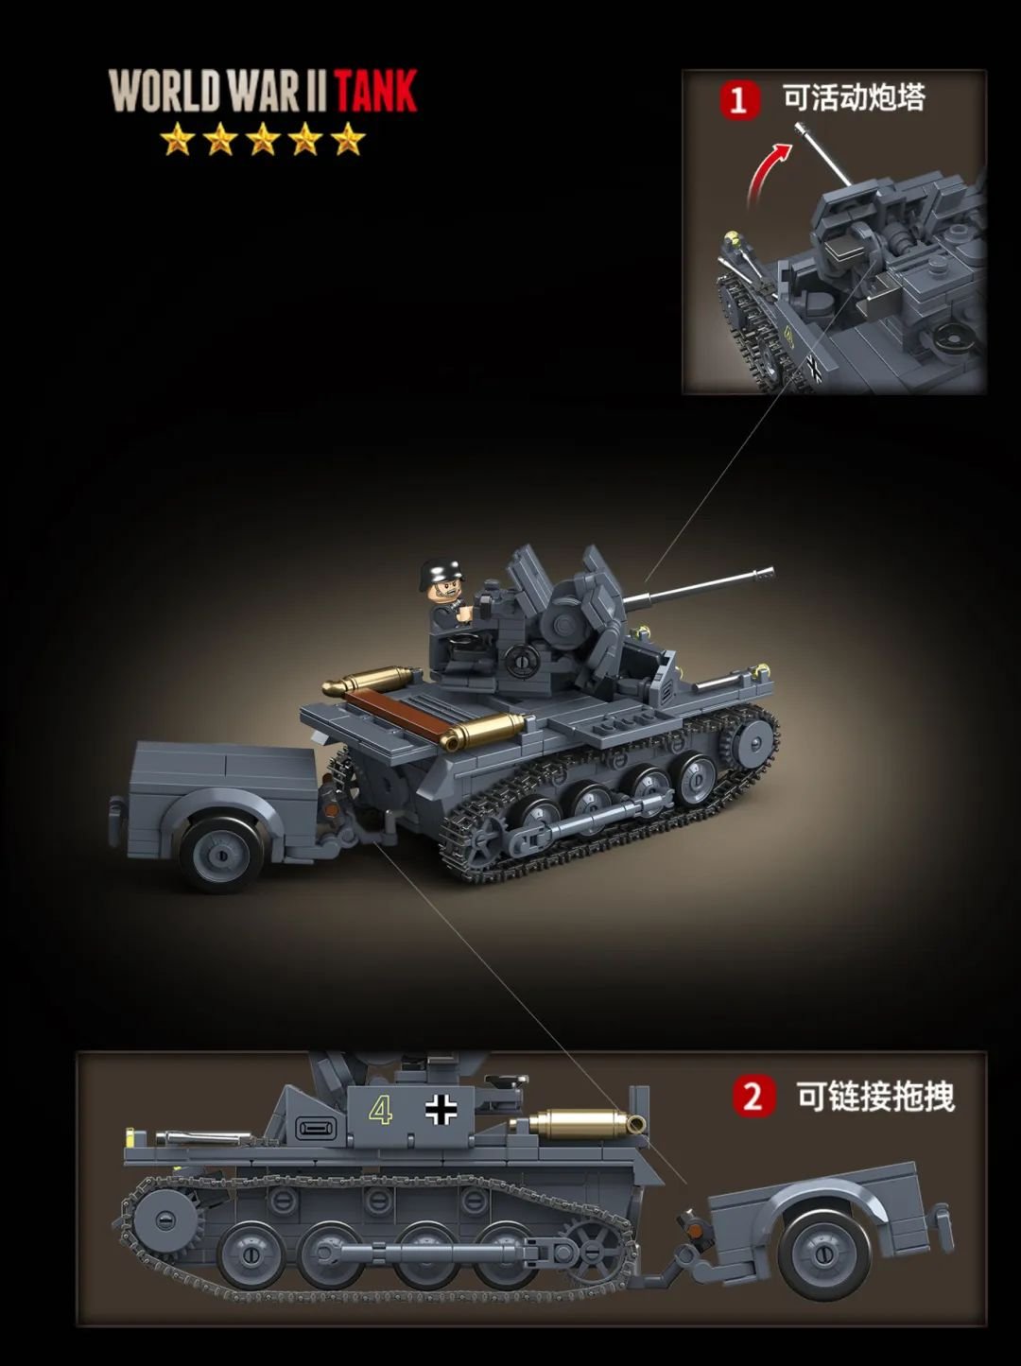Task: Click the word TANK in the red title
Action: pyautogui.click(x=376, y=92)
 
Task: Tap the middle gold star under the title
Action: pyautogui.click(x=262, y=138)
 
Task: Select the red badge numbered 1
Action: pyautogui.click(x=740, y=99)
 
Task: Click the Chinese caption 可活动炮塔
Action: pyautogui.click(x=855, y=97)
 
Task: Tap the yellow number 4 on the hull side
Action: pyautogui.click(x=380, y=1109)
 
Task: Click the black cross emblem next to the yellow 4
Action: pyautogui.click(x=441, y=1110)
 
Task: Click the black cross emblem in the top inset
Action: pyautogui.click(x=814, y=368)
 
